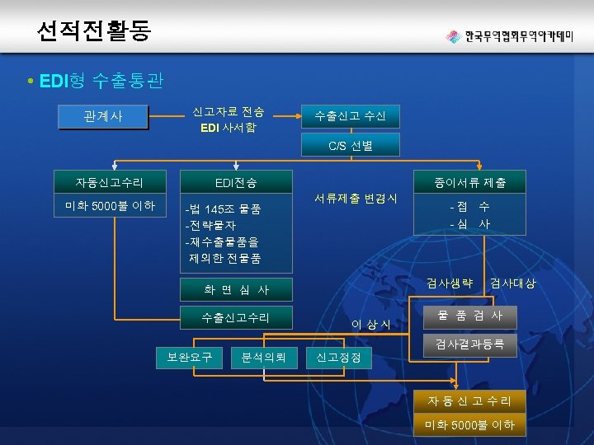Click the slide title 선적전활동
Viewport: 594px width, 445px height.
click(93, 30)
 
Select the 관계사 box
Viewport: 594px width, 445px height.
click(103, 116)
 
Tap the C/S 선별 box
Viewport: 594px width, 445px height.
click(350, 146)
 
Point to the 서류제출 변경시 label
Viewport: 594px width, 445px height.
click(355, 199)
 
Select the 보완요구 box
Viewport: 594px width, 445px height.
click(190, 357)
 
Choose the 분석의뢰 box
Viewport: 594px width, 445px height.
click(264, 357)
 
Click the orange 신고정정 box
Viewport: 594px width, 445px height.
click(338, 357)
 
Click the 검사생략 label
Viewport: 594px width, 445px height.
click(450, 283)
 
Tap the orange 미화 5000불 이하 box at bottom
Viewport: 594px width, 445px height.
click(469, 425)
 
